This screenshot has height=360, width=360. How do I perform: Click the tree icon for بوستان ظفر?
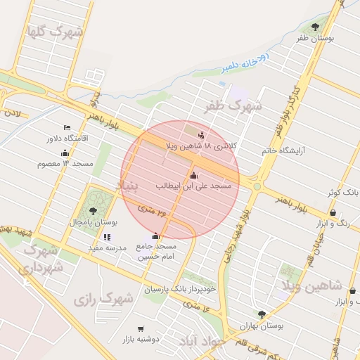pyautogui.click(x=314, y=27)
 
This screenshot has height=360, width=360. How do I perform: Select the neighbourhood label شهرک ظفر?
pyautogui.click(x=233, y=107)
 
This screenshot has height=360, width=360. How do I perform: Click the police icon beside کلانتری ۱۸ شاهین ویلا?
pyautogui.click(x=202, y=134)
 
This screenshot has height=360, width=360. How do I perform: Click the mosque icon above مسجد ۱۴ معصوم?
pyautogui.click(x=65, y=153)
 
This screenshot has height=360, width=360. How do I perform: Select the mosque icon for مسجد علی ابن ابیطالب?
pyautogui.click(x=194, y=175)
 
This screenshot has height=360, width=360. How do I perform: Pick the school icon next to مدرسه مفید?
pyautogui.click(x=107, y=237)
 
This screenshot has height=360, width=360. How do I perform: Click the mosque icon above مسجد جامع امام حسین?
pyautogui.click(x=155, y=236)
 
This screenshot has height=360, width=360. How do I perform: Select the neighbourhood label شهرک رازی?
pyautogui.click(x=103, y=300)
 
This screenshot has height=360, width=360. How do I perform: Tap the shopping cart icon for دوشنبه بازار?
pyautogui.click(x=141, y=328)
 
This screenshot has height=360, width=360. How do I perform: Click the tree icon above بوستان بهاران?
pyautogui.click(x=262, y=315)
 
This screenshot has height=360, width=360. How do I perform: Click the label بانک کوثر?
pyautogui.click(x=344, y=192)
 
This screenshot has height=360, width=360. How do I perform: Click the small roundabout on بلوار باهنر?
pyautogui.click(x=257, y=186)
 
